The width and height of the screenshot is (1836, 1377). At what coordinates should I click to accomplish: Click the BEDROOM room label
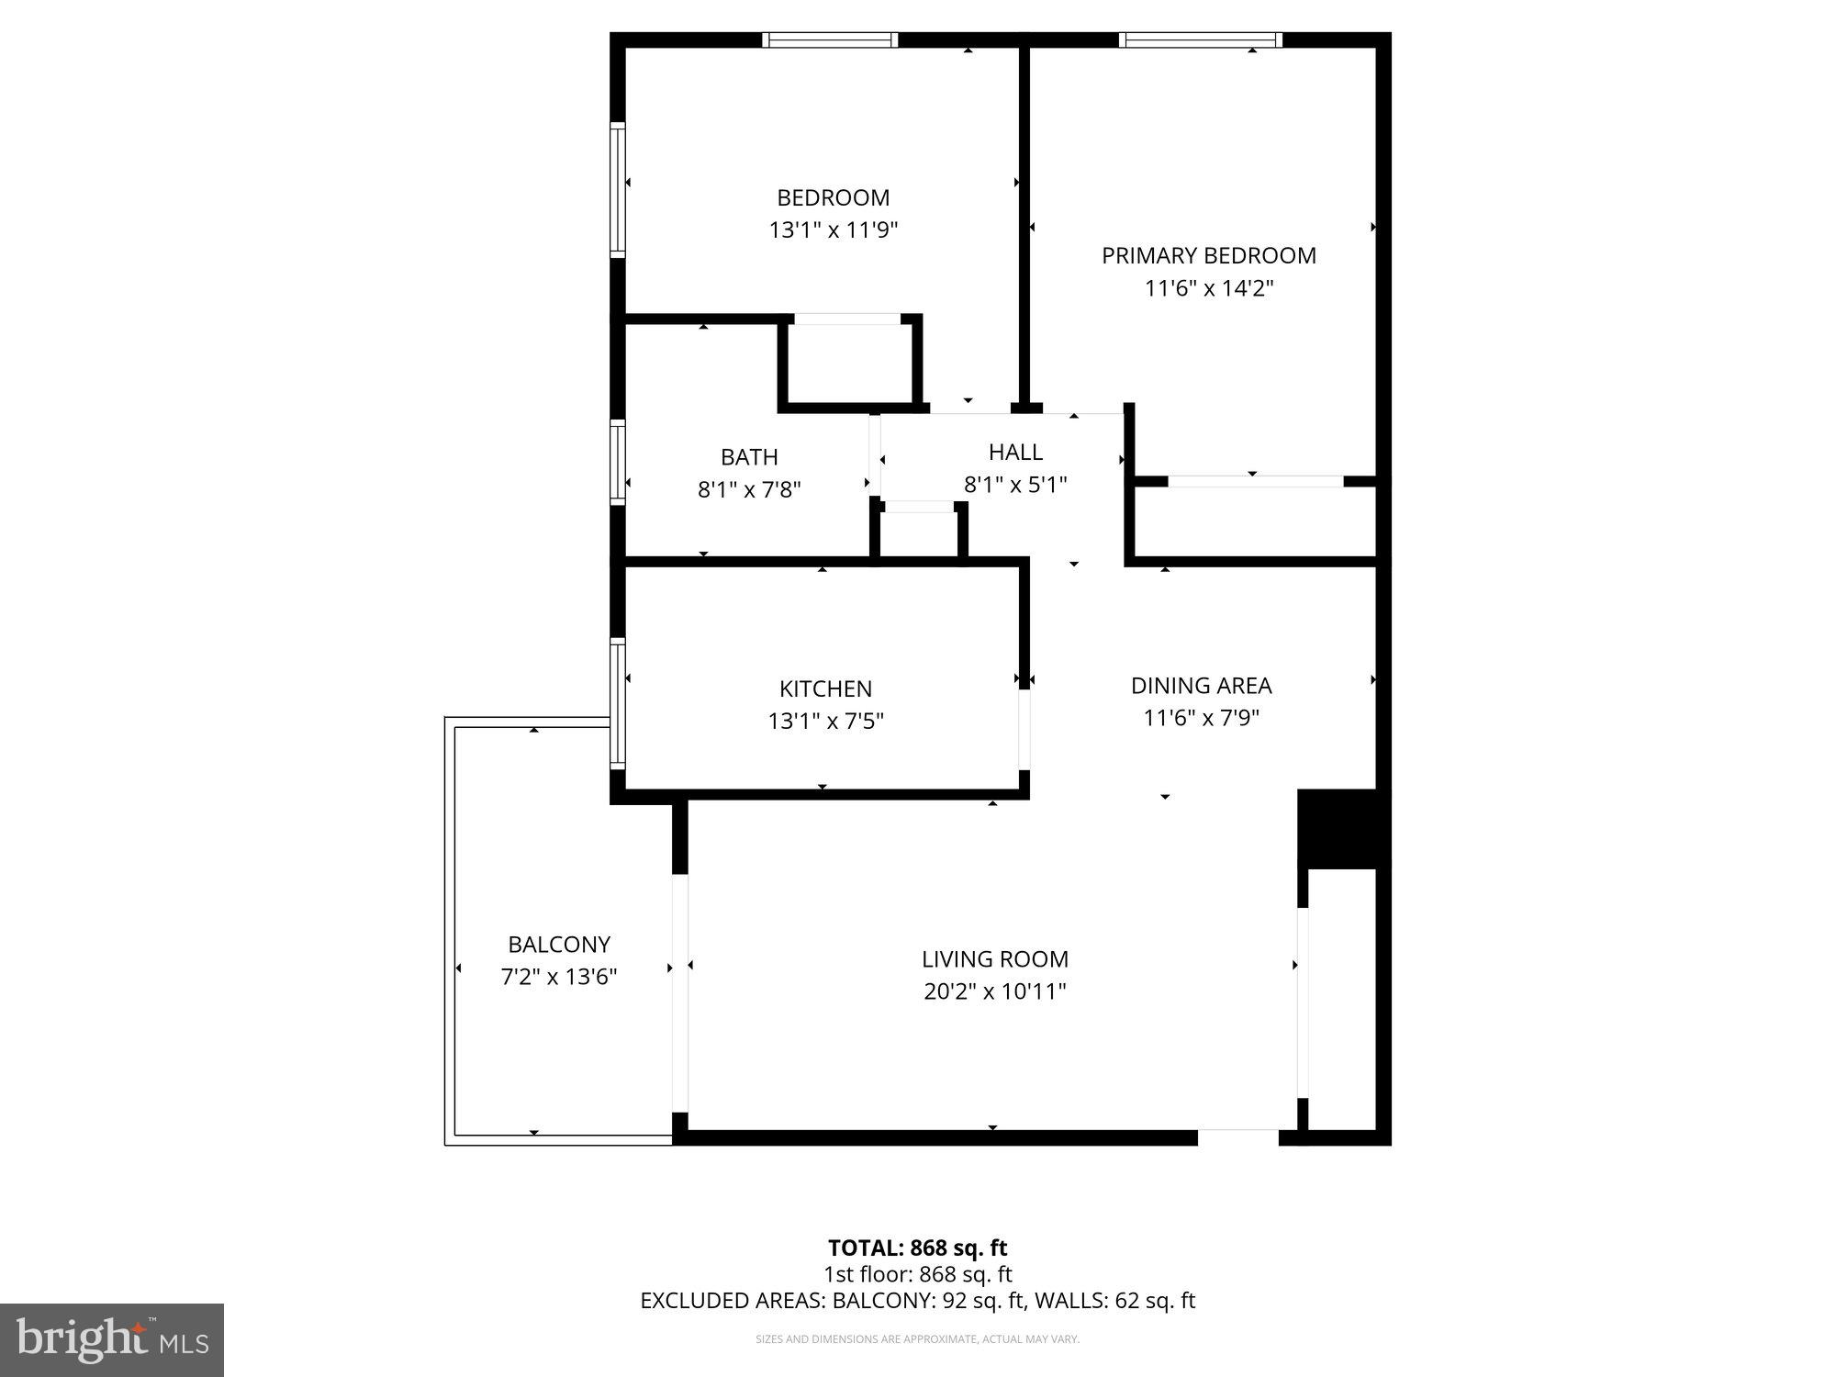(x=833, y=197)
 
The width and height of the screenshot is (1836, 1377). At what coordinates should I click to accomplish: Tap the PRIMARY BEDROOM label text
(x=1208, y=255)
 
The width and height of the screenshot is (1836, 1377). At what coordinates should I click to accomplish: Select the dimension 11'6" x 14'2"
(x=1208, y=288)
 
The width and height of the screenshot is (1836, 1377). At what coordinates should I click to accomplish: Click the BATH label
(x=749, y=457)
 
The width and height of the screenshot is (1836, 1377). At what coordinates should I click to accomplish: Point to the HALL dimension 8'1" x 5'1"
(x=1015, y=485)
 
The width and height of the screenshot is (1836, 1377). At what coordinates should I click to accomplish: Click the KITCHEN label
(x=825, y=688)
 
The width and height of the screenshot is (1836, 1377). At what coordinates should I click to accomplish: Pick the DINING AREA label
(x=1201, y=686)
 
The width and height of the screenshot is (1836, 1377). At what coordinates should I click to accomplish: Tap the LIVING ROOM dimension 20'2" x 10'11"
(x=995, y=991)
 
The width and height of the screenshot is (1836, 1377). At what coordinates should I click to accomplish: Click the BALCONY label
(x=559, y=945)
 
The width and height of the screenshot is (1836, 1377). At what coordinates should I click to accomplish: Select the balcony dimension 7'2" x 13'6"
(x=559, y=977)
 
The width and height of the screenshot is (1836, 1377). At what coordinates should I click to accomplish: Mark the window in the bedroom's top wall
(x=830, y=39)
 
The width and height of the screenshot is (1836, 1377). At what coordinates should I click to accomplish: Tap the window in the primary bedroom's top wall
(x=1200, y=39)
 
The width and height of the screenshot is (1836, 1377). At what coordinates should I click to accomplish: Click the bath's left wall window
(x=618, y=462)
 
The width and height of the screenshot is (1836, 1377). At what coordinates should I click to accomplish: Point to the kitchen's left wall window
(x=618, y=703)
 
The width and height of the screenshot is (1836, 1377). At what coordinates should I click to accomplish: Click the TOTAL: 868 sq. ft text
(x=917, y=1248)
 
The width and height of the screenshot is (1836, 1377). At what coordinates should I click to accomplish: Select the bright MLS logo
(x=112, y=1340)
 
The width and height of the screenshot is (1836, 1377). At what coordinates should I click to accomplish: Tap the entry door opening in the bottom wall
(x=1238, y=1136)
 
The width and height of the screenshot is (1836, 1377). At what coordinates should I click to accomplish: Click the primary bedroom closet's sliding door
(x=1255, y=481)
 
